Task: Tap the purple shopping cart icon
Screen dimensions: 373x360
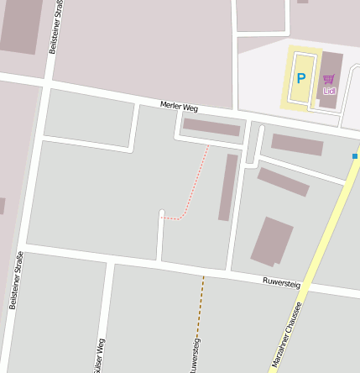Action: coord(328,79)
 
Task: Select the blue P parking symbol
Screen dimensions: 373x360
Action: coord(300,79)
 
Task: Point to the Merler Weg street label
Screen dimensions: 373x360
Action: coord(179,106)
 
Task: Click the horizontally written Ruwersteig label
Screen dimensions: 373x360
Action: coord(281,283)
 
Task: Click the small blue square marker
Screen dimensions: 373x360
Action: coord(355,156)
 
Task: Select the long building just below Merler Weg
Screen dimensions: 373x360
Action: coord(211,127)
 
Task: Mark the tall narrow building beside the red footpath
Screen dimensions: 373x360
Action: coord(227,186)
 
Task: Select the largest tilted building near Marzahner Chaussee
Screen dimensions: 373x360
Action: coord(272,239)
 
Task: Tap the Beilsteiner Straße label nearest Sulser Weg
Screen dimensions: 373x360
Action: coord(14,281)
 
